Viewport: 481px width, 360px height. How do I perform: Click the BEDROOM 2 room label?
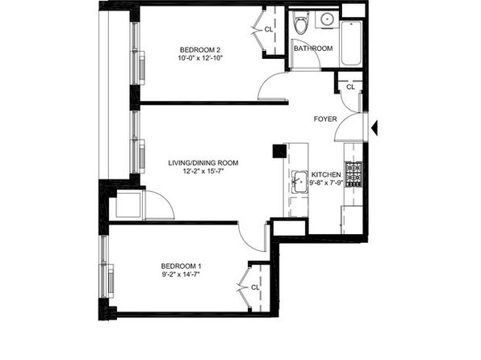pos(200,50)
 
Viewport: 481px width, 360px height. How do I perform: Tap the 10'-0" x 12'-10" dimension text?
pos(200,58)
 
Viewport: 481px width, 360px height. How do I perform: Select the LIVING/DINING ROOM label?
pos(203,163)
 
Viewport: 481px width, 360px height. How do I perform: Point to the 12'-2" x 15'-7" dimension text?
pos(203,171)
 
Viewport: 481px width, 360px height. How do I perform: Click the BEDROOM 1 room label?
pos(182,266)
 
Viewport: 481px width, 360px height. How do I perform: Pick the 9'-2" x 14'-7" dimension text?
pos(181,274)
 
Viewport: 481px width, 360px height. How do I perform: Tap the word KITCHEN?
pos(326,174)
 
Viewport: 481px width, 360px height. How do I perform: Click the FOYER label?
pos(325,119)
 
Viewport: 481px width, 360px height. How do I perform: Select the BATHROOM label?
pos(313,48)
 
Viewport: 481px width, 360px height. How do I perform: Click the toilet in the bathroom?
pos(300,23)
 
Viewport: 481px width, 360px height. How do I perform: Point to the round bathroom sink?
pos(328,19)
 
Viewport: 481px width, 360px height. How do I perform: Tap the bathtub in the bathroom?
pos(351,43)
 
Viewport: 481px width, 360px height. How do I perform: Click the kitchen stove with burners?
pos(353,174)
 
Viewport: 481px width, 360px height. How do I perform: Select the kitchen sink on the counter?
pos(299,182)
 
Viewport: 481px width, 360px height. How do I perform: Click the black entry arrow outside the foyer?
pos(374,128)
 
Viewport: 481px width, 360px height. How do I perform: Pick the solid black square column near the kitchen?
pos(279,151)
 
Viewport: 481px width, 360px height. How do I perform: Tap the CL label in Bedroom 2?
pos(269,30)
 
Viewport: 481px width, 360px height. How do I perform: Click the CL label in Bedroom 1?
pos(255,287)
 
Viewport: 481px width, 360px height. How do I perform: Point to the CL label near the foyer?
pos(350,87)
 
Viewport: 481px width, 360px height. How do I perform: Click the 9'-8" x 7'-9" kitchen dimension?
pos(326,183)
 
